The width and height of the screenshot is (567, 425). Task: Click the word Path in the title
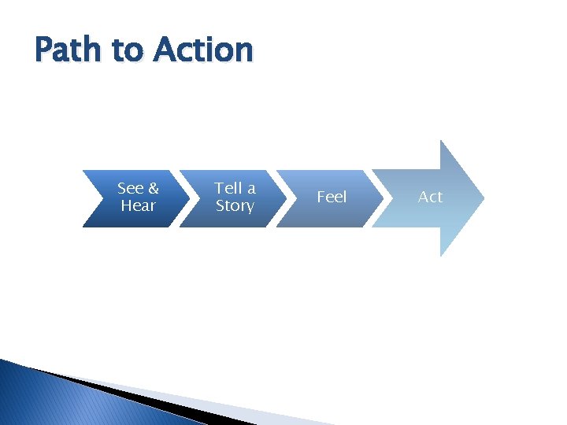(69, 50)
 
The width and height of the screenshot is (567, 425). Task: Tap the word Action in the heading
(204, 50)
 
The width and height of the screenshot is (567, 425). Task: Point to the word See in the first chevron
(130, 188)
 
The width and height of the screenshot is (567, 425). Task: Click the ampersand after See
(153, 188)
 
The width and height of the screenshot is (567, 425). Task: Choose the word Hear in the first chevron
(138, 205)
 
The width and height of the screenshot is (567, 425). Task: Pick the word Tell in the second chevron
(228, 188)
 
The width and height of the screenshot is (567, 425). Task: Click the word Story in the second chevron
(235, 205)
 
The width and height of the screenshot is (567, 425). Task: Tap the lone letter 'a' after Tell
(250, 189)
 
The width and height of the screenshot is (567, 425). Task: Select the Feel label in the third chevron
(332, 197)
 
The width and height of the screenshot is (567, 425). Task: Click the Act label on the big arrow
(430, 197)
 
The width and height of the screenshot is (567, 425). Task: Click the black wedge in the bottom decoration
(142, 397)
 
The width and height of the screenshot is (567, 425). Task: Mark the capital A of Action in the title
(166, 50)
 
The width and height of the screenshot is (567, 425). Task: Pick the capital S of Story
(221, 205)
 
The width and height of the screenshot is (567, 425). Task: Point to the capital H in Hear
(126, 205)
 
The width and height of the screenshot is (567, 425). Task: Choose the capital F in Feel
(321, 197)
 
